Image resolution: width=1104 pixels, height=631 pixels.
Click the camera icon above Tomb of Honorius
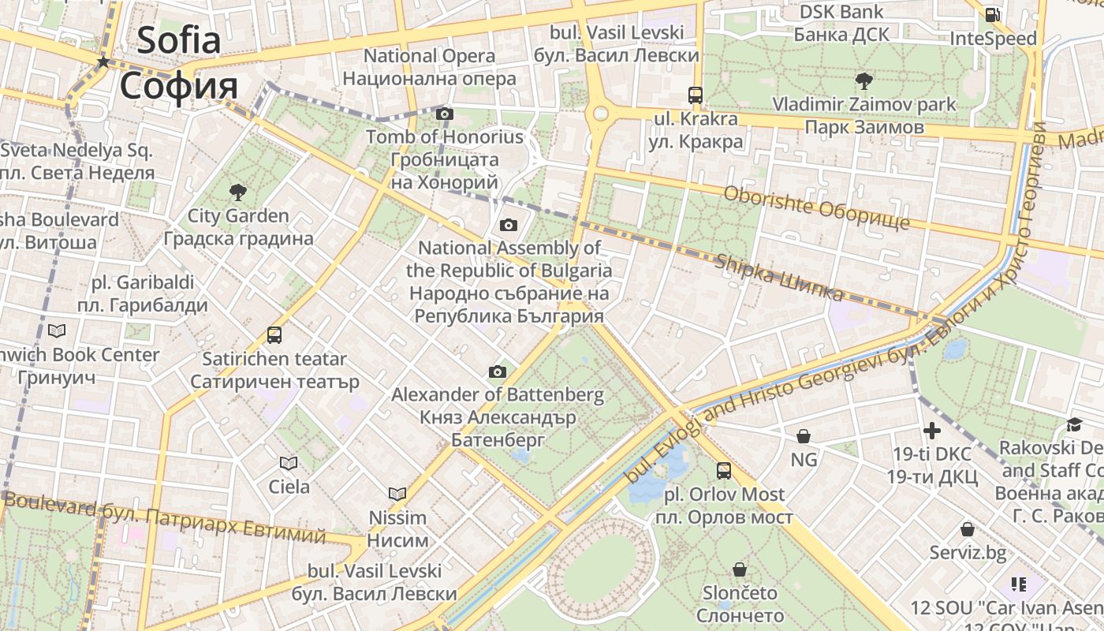coord(445,114)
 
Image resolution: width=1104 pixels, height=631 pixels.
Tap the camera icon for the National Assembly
coord(509,226)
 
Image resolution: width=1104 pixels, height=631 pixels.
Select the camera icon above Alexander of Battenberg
coord(497,372)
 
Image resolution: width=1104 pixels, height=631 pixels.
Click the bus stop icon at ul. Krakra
coord(695,95)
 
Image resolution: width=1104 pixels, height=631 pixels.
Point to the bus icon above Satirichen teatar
coord(274,335)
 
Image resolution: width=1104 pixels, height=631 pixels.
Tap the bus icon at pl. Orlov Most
coord(723,472)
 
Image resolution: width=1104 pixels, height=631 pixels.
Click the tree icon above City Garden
coord(237,192)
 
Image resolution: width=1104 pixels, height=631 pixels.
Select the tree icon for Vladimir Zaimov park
coord(863,80)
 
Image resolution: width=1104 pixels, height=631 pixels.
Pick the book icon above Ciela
coord(289,464)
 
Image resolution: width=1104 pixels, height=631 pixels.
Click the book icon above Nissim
coord(397,495)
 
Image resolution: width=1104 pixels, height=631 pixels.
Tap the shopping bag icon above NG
coord(804,436)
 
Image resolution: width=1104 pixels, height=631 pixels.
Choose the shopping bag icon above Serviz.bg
coord(968,529)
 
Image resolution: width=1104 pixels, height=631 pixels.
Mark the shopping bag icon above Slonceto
coord(740,569)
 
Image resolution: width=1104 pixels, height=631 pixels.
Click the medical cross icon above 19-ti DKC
coord(932,431)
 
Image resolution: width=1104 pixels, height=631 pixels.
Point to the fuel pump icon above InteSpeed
coord(992,15)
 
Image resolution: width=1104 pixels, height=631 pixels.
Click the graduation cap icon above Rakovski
coord(1074,425)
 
